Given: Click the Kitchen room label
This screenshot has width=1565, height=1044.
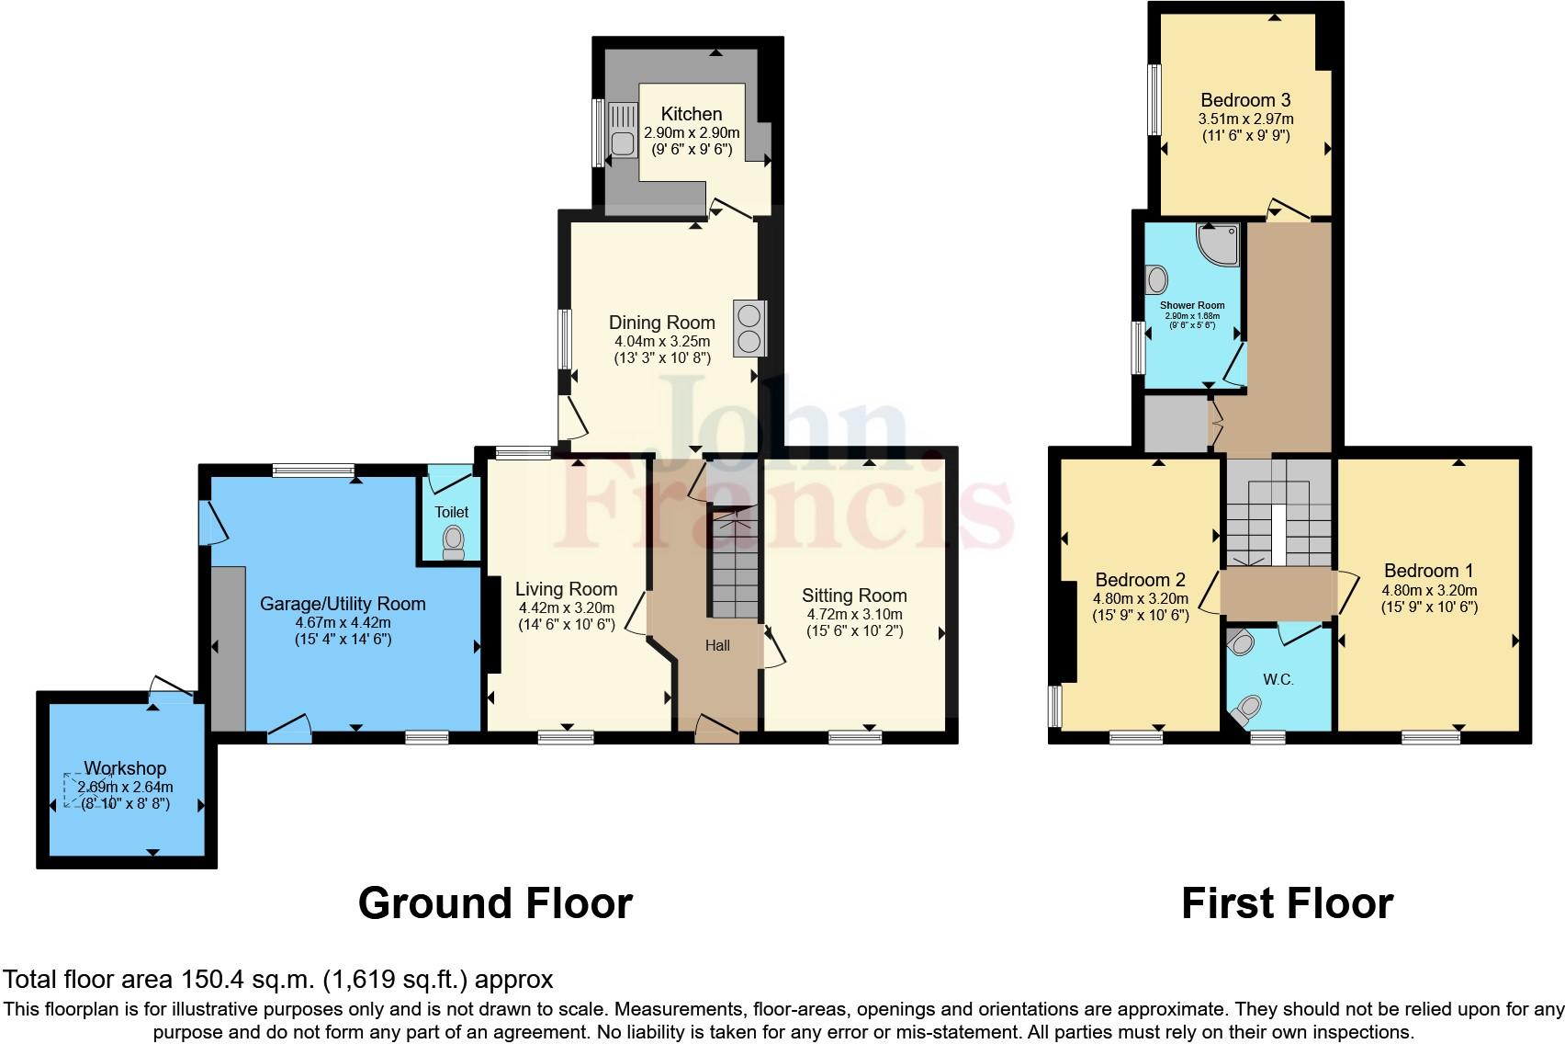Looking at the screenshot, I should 691,114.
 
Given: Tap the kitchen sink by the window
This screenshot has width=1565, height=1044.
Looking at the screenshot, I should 622,142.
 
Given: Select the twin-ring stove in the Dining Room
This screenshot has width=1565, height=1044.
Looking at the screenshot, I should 749,328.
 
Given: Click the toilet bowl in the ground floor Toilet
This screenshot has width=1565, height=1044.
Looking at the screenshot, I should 453,541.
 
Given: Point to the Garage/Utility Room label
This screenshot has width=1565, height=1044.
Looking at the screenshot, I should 343,604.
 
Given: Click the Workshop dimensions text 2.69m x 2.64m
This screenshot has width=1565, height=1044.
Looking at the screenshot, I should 126,787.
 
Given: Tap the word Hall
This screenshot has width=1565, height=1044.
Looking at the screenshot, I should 717,645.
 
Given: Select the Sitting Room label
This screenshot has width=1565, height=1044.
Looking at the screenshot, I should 854,596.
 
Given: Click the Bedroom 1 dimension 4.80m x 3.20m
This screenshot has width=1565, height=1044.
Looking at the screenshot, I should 1429,590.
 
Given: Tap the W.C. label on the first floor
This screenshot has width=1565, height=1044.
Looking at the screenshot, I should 1278,680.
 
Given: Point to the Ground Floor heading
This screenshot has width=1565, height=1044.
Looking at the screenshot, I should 495,903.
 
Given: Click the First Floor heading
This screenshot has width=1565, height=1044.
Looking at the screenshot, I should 1287,903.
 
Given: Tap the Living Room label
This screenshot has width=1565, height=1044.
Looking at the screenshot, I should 566,589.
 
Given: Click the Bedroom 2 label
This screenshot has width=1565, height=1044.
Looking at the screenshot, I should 1140,580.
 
